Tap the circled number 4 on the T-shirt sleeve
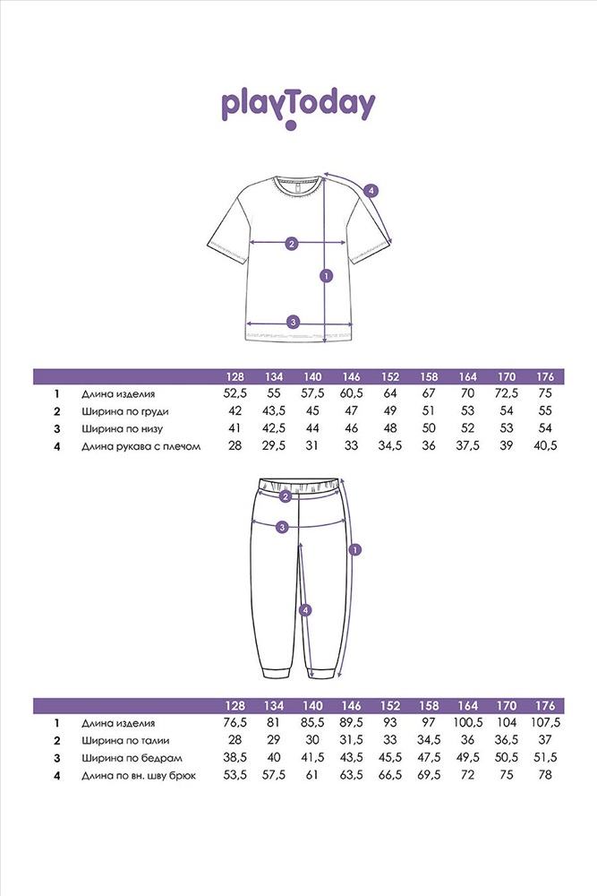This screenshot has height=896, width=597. click(x=371, y=190)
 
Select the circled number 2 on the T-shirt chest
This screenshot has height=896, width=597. click(x=290, y=243)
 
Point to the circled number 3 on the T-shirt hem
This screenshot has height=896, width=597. click(x=293, y=323)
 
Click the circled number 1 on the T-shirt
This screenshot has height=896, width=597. click(x=326, y=276)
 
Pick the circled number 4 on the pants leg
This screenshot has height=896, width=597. click(x=305, y=610)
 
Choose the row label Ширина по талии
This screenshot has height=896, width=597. click(x=124, y=740)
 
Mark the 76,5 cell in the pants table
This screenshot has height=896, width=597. click(x=234, y=722)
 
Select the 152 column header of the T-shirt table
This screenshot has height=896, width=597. click(x=389, y=376)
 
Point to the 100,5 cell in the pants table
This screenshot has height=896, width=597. click(x=466, y=722)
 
